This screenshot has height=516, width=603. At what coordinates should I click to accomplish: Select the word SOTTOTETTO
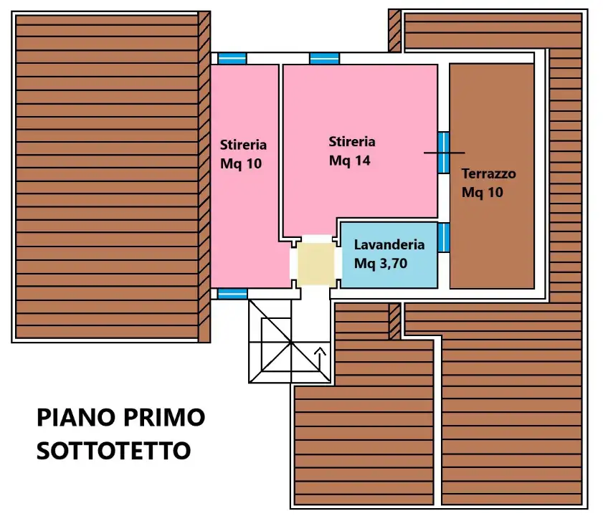[113, 451]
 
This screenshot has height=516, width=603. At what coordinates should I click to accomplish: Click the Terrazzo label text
[488, 173]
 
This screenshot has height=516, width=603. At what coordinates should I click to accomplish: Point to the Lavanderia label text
[389, 244]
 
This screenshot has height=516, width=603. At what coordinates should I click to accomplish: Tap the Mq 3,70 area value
[381, 263]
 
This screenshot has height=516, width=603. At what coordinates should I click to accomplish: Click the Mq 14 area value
[349, 161]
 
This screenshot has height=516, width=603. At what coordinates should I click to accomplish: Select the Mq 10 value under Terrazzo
[483, 192]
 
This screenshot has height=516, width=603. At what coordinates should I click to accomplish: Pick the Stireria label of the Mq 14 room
[352, 142]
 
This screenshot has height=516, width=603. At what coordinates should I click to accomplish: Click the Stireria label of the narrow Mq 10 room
[243, 144]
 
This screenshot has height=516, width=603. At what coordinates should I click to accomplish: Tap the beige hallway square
[315, 262]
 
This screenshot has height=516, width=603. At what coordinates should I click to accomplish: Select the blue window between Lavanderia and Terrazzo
[444, 237]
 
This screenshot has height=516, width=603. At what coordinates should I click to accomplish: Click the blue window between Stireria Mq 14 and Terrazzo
[444, 152]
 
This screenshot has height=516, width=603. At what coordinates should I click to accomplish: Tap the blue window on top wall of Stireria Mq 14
[325, 58]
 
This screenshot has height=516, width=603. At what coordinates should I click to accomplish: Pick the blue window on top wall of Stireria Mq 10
[232, 58]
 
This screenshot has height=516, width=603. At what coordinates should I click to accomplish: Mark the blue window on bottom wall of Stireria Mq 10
[232, 293]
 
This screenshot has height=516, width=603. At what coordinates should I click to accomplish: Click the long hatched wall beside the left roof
[204, 176]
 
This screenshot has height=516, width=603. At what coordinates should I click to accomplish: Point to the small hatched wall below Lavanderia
[394, 321]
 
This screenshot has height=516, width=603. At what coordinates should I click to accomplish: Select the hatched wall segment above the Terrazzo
[394, 30]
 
